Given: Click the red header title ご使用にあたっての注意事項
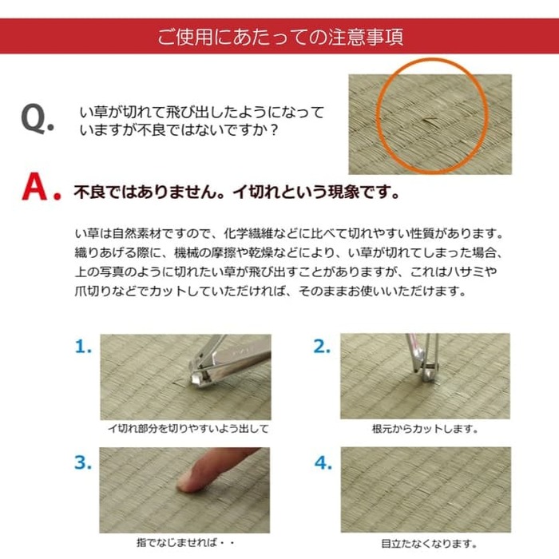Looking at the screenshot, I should [x=279, y=37].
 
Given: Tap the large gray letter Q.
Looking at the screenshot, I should [x=37, y=118].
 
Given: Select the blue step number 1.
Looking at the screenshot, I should [x=83, y=347].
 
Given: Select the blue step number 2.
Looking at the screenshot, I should [x=322, y=347].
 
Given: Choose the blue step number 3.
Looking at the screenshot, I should [x=84, y=462].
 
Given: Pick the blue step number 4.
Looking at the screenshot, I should [x=323, y=462].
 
